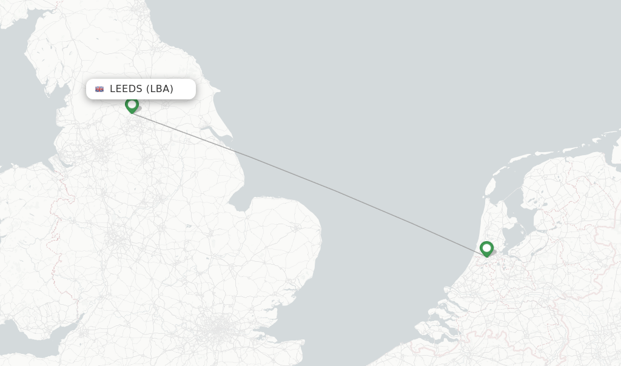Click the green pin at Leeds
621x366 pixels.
coord(132,105)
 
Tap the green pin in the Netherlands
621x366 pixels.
coord(486,248)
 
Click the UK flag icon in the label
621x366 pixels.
coord(99,89)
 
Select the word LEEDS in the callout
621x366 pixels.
coord(126,89)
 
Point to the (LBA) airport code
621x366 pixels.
coord(159,89)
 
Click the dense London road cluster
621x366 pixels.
coord(216,330)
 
